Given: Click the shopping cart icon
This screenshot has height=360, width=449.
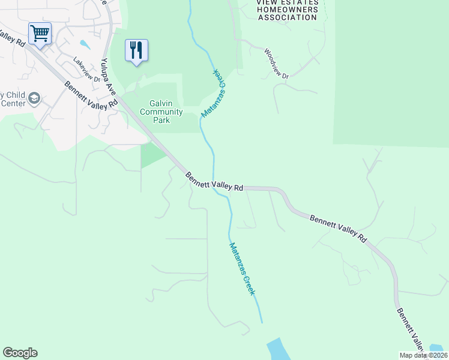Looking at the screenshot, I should pyautogui.click(x=40, y=33).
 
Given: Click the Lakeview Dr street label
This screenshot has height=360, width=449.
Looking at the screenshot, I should pyautogui.click(x=85, y=69).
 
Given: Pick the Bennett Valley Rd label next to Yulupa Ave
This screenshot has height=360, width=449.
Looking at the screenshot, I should pyautogui.click(x=92, y=95).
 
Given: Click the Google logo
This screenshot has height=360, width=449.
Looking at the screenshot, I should pyautogui.click(x=20, y=353).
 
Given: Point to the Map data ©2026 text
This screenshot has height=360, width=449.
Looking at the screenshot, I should pyautogui.click(x=424, y=355).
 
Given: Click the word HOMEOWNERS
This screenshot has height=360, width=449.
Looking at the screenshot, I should pyautogui.click(x=288, y=10).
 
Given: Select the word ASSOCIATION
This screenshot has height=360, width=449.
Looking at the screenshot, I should pyautogui.click(x=288, y=17).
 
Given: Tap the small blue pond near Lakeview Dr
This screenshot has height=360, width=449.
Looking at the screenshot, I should pyautogui.click(x=85, y=44).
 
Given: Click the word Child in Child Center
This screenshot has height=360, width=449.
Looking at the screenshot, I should pyautogui.click(x=16, y=95).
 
